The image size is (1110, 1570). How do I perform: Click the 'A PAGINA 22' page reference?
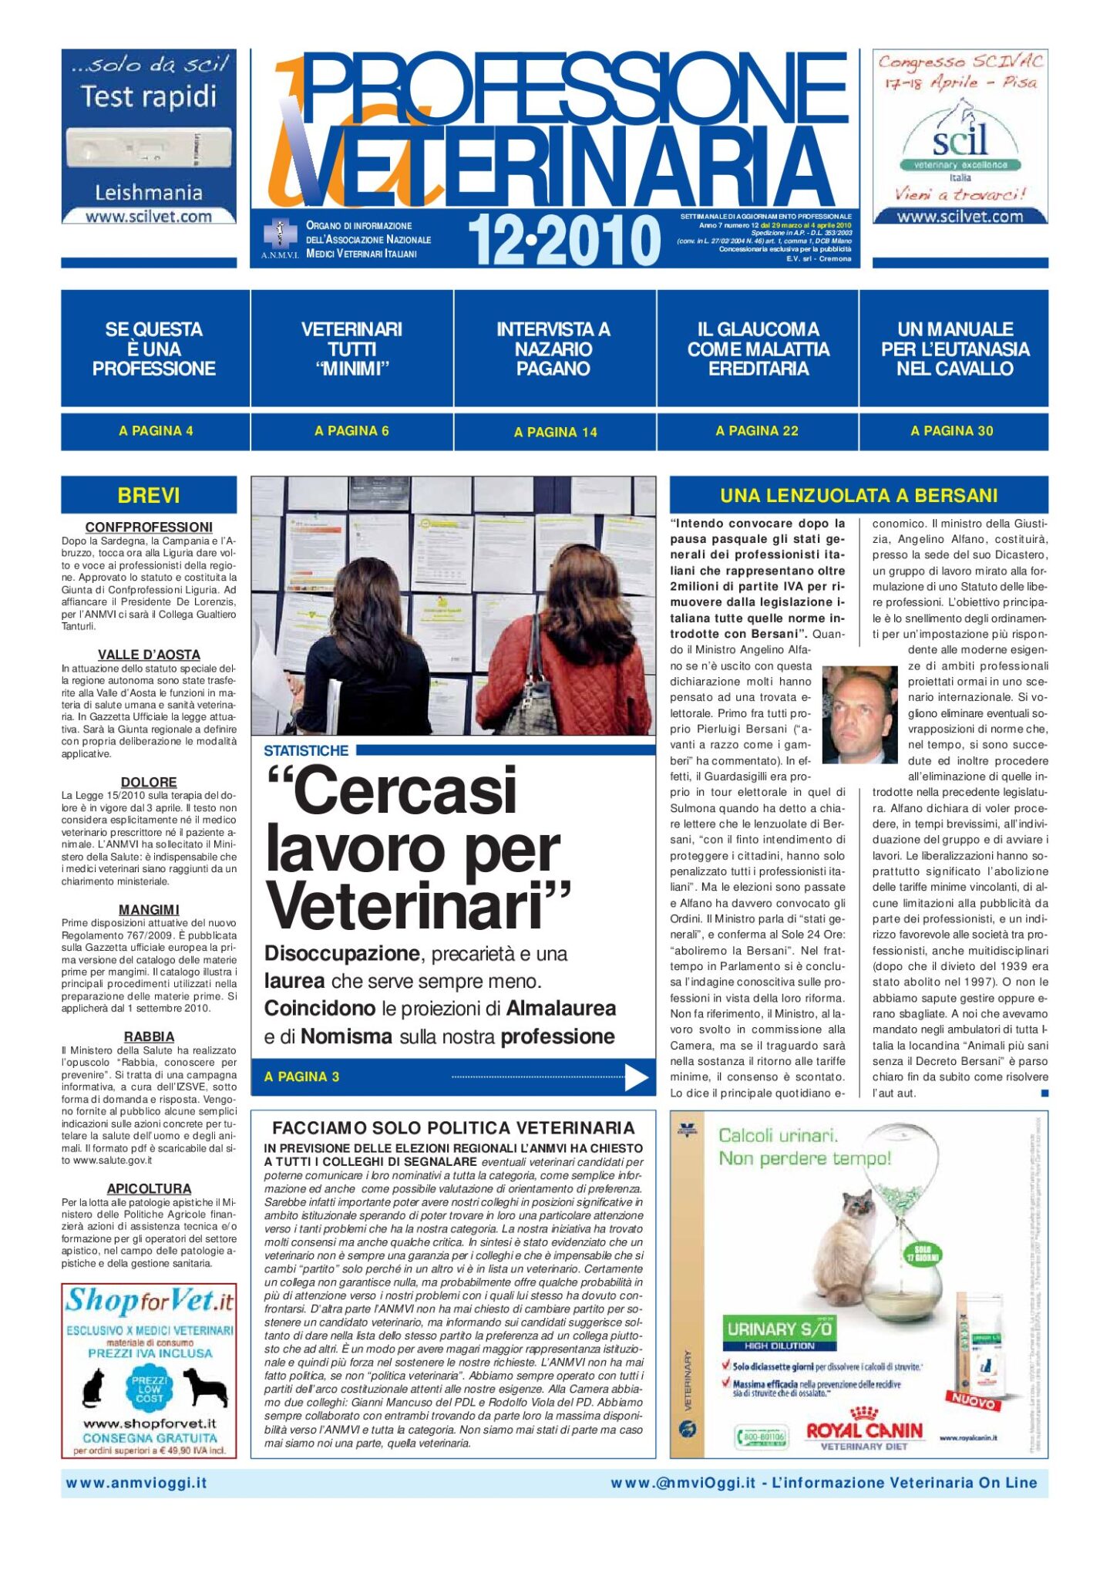tap(757, 431)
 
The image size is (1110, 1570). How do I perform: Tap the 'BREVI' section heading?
tap(149, 495)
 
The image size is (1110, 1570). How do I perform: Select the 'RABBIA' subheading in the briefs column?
tap(149, 1036)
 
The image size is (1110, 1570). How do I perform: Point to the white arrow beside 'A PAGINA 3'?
tap(636, 1077)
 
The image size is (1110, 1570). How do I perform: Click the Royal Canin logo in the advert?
tap(864, 1431)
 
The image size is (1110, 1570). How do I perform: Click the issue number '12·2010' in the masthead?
tap(563, 240)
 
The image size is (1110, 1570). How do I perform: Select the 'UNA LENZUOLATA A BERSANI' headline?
tap(859, 495)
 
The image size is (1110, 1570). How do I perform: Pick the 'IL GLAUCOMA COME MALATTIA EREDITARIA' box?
tap(758, 349)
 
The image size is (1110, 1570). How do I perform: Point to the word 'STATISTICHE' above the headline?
tap(306, 750)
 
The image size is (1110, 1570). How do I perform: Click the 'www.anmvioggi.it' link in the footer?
tap(136, 1483)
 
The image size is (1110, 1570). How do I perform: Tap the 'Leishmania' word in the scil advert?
tap(149, 192)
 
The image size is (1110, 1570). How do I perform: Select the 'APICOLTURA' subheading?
tap(149, 1188)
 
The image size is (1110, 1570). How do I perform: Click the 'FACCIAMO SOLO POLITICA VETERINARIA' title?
tap(453, 1127)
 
